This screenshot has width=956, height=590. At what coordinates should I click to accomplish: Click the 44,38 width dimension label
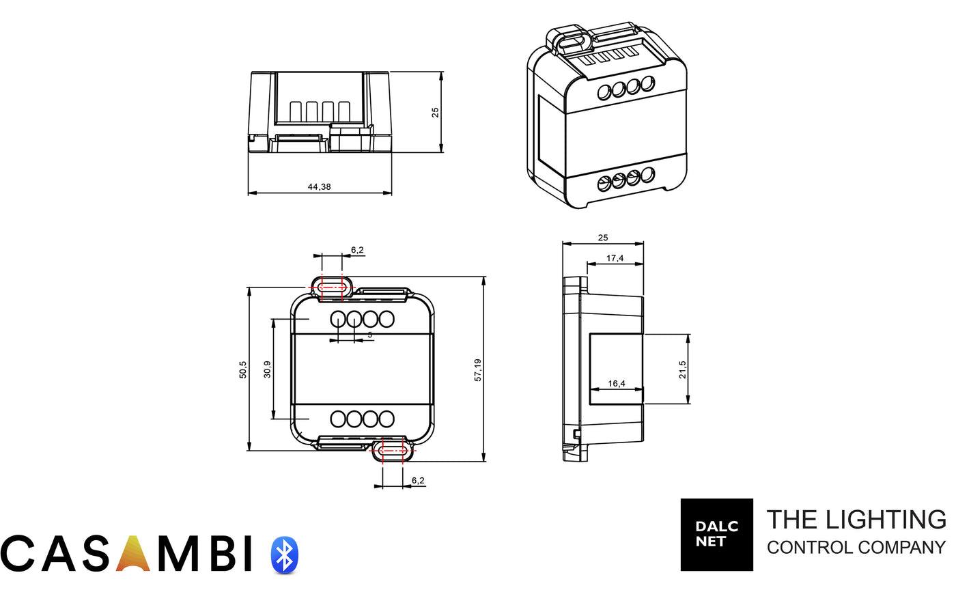pos(320,186)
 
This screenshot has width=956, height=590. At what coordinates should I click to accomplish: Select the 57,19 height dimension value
pos(478,369)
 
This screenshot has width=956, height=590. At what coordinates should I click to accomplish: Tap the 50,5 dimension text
pos(243,369)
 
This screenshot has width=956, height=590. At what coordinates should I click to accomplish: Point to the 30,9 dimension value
pos(267,369)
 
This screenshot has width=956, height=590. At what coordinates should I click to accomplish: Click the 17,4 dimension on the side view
pos(615,258)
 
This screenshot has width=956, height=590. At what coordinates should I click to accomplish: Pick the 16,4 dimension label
pos(616,383)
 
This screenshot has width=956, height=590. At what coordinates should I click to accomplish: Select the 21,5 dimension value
pos(683,369)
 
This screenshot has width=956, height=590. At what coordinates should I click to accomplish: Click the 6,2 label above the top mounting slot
pos(357,250)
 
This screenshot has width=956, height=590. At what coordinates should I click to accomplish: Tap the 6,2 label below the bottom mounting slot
pos(418,480)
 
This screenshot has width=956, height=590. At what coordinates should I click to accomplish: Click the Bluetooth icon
pos(285,554)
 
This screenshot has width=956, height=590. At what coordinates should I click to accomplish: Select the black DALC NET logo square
pos(716,535)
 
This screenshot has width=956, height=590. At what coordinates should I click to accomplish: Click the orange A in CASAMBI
pos(133,553)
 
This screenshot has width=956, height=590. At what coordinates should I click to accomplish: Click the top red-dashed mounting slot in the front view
pos(332,287)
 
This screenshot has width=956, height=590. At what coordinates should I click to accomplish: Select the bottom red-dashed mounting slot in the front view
pos(393,451)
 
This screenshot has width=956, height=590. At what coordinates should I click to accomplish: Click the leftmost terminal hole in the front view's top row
pos(338,319)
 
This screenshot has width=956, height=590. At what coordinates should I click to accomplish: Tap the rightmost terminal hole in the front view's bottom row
pos(386,419)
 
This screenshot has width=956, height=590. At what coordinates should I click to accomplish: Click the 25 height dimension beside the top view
pos(435,112)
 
